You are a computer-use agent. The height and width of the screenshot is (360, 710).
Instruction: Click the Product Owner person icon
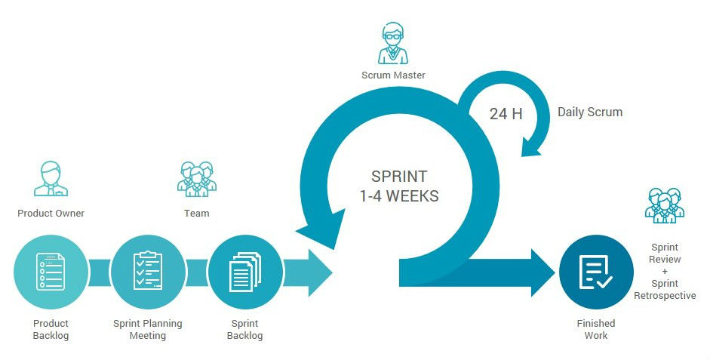pos(51,179)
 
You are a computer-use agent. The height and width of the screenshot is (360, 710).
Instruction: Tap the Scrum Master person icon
pos(392,44)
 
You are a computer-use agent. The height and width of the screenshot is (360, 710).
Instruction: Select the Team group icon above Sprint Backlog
pos(196,179)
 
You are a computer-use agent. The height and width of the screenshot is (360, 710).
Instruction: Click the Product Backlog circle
pos(51,272)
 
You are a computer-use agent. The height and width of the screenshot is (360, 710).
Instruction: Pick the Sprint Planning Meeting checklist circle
pos(148,272)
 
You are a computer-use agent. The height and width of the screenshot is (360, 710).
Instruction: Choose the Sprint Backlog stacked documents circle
pos(244,272)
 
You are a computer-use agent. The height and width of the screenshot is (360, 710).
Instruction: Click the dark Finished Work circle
pos(596,272)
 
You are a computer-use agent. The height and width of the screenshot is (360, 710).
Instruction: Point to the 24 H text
pos(506,114)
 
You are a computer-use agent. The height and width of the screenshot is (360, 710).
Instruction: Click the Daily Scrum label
pos(590,112)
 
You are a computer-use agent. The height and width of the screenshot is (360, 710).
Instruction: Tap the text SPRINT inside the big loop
pos(399,177)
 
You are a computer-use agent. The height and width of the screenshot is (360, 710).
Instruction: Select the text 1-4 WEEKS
pos(399,196)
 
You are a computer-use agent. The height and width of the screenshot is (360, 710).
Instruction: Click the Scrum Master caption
pos(393,75)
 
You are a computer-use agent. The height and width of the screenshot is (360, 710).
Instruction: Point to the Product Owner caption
pos(51,214)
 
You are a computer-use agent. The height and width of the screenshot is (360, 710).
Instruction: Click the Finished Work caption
pos(596,329)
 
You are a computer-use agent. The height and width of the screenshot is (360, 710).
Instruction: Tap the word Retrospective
pos(665,295)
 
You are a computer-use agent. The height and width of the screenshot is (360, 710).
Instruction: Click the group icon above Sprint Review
pos(665,205)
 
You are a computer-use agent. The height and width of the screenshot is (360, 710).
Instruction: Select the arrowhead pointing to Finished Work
pos(542,272)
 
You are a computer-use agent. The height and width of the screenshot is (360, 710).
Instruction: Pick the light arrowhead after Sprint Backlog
pos(318,272)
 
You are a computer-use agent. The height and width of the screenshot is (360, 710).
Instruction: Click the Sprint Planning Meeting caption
pos(148,329)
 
